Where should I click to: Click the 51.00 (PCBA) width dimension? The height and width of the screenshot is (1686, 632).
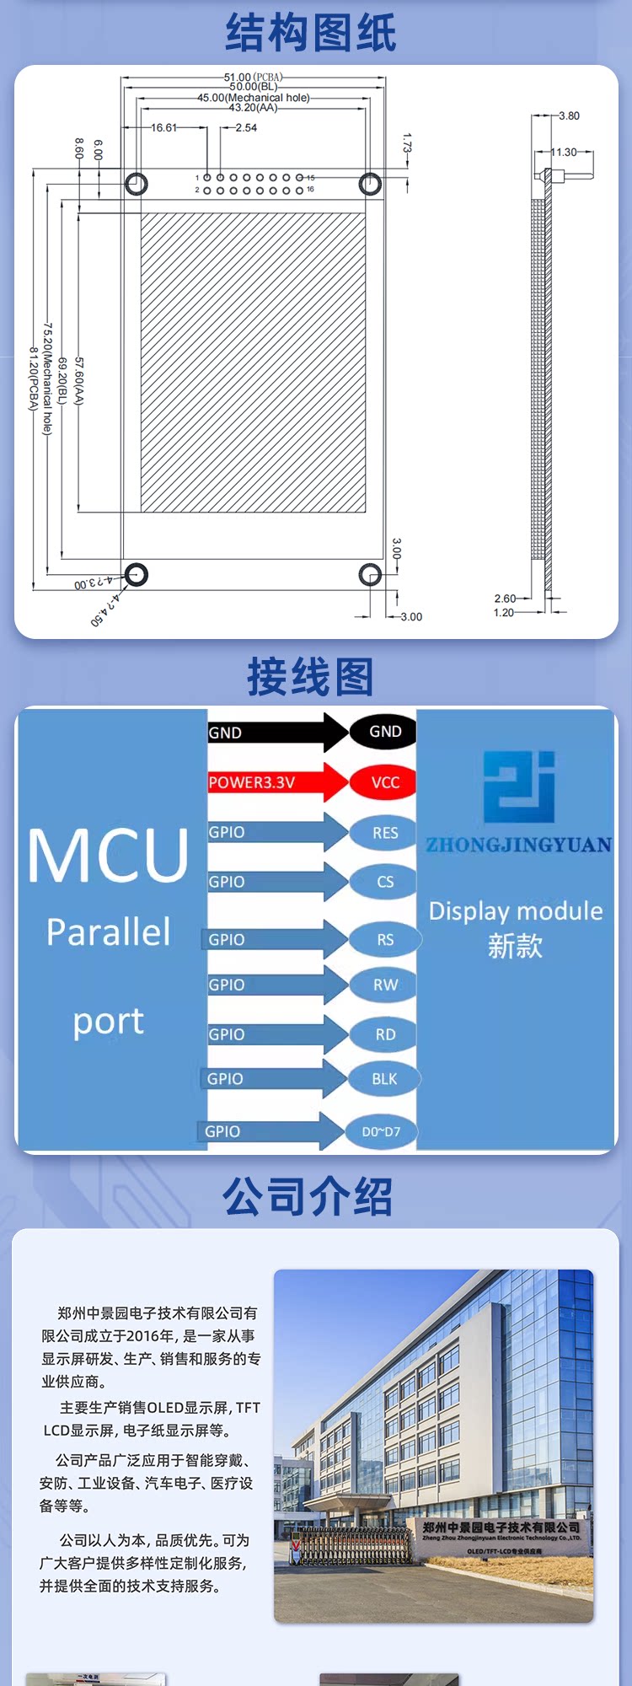(x=253, y=77)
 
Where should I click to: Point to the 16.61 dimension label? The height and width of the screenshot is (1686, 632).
(x=164, y=128)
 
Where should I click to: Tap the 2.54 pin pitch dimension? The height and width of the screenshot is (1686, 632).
(x=246, y=128)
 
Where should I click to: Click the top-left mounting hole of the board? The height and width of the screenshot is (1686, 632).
(x=137, y=183)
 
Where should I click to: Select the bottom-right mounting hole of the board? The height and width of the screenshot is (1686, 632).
(x=370, y=574)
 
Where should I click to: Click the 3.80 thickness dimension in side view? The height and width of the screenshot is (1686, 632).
(x=569, y=116)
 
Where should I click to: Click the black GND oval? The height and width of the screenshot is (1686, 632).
(x=383, y=732)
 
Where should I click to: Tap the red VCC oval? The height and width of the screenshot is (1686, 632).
(x=384, y=782)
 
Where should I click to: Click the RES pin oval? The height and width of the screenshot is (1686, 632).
(x=384, y=833)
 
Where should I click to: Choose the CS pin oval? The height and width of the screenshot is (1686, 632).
(x=384, y=882)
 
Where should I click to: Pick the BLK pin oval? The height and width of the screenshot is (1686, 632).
(x=383, y=1079)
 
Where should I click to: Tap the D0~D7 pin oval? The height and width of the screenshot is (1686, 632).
(x=381, y=1131)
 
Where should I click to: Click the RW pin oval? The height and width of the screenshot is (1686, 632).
(x=385, y=985)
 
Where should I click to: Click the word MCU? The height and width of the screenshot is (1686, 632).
(x=108, y=856)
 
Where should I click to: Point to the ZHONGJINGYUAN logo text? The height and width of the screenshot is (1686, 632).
(x=518, y=845)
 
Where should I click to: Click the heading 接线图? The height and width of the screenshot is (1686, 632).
(x=310, y=677)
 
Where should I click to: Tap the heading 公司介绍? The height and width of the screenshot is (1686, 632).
(x=308, y=1196)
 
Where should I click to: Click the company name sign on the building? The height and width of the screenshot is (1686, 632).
(x=501, y=1528)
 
